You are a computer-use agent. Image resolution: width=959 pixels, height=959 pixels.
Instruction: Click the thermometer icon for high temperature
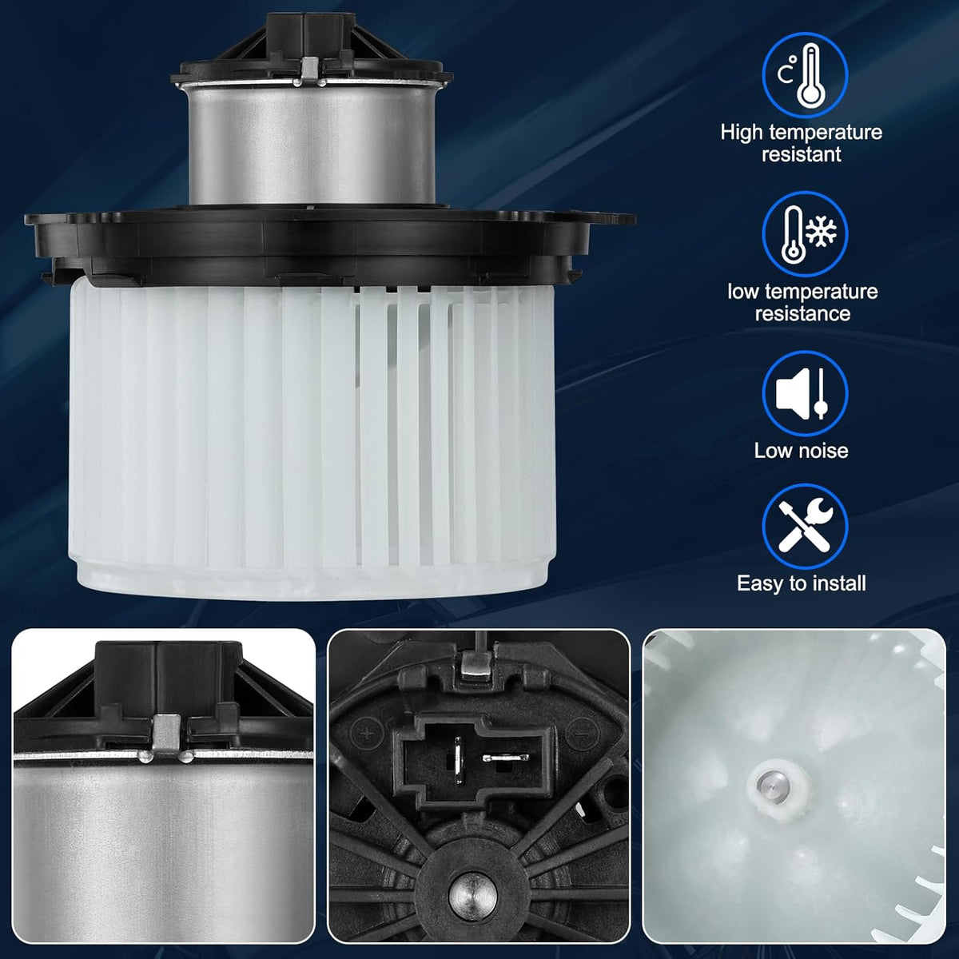point(810,76)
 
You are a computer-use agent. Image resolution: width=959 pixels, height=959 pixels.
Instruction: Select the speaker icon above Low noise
point(792,393)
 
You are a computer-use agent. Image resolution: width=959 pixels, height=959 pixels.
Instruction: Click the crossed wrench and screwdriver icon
point(805,525)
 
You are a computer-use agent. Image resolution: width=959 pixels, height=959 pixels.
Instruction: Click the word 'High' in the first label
point(741,133)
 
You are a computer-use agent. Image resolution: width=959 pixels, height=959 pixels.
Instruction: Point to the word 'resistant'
point(802,154)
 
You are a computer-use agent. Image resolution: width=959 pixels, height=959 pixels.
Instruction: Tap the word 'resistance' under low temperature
point(802,313)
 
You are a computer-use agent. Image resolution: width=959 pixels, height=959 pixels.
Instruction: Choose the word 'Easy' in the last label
point(758,584)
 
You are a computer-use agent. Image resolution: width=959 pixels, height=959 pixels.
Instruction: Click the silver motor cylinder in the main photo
point(312,145)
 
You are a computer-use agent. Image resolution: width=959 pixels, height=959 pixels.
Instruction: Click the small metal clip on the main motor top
point(311,69)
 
